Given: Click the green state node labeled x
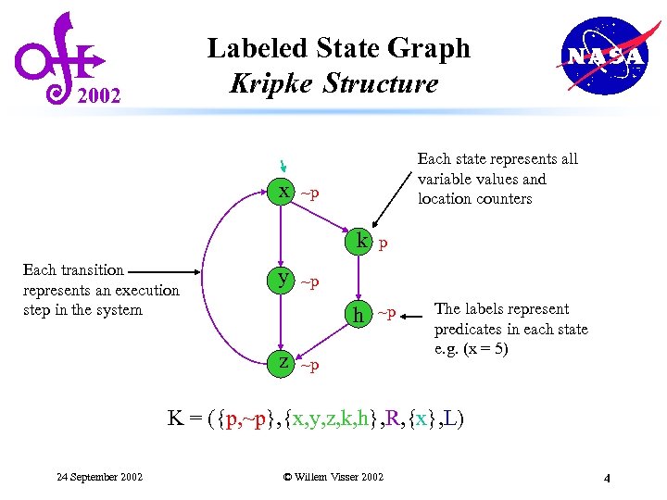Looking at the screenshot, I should pos(283,192).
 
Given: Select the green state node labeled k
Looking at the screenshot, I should pos(359,243).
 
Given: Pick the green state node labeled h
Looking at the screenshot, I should pos(358,315).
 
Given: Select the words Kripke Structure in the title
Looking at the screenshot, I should pos(333,83).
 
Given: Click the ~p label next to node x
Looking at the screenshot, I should pos(309,194).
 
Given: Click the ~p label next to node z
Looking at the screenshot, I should pos(309,366).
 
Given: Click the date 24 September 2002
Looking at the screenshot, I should pos(99,477).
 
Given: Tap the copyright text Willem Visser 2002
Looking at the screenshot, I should pos(333,477).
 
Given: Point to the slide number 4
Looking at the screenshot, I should pos(606,479).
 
